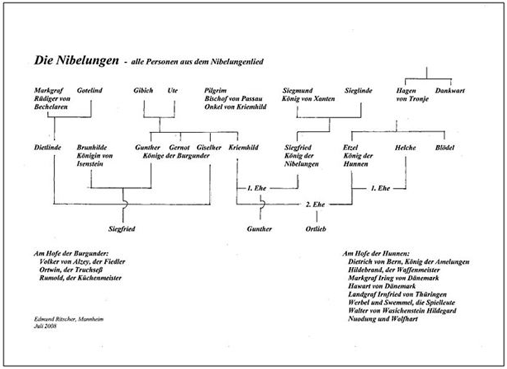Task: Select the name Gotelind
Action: click(x=90, y=90)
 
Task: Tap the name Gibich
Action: click(x=143, y=90)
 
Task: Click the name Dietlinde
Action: click(x=47, y=148)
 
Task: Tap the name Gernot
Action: click(x=180, y=148)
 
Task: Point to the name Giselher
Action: click(x=210, y=148)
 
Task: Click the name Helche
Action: click(x=405, y=148)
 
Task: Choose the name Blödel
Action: click(x=446, y=148)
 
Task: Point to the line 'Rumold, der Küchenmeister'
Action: click(x=81, y=278)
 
